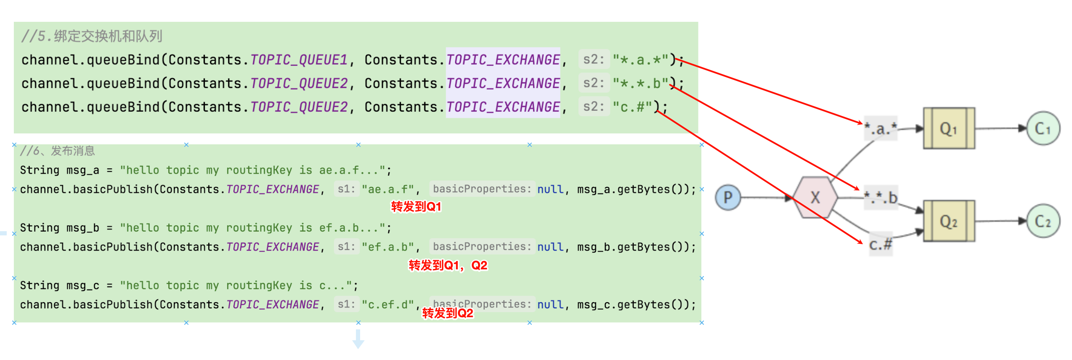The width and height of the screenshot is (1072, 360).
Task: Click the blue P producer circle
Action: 728,197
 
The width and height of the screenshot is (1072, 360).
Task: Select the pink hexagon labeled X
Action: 815,197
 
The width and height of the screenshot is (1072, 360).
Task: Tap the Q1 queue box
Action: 949,128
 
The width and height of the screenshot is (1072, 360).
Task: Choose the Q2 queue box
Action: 949,221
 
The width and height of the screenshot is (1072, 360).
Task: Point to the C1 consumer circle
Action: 1043,128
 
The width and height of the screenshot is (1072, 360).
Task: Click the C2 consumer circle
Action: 1043,221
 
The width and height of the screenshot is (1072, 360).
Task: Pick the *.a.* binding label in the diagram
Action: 881,128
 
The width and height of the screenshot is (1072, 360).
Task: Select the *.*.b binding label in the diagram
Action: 881,197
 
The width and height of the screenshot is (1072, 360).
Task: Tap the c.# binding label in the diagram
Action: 881,244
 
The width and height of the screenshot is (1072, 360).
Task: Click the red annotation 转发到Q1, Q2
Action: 448,265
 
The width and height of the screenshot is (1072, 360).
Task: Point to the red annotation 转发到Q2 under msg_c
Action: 447,313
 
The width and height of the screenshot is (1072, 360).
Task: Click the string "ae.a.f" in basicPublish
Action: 388,189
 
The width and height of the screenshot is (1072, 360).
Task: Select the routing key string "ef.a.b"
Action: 388,247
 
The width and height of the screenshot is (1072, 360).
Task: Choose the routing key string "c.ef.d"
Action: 388,304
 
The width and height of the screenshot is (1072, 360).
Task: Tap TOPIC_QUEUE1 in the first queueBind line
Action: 299,60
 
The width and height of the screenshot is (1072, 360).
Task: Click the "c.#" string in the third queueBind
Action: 632,107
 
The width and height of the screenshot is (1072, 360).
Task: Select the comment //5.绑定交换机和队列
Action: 92,36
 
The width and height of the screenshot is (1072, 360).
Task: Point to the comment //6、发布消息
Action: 58,151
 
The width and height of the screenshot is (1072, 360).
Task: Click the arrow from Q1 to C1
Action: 1001,128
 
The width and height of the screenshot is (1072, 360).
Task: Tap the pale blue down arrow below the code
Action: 358,339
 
